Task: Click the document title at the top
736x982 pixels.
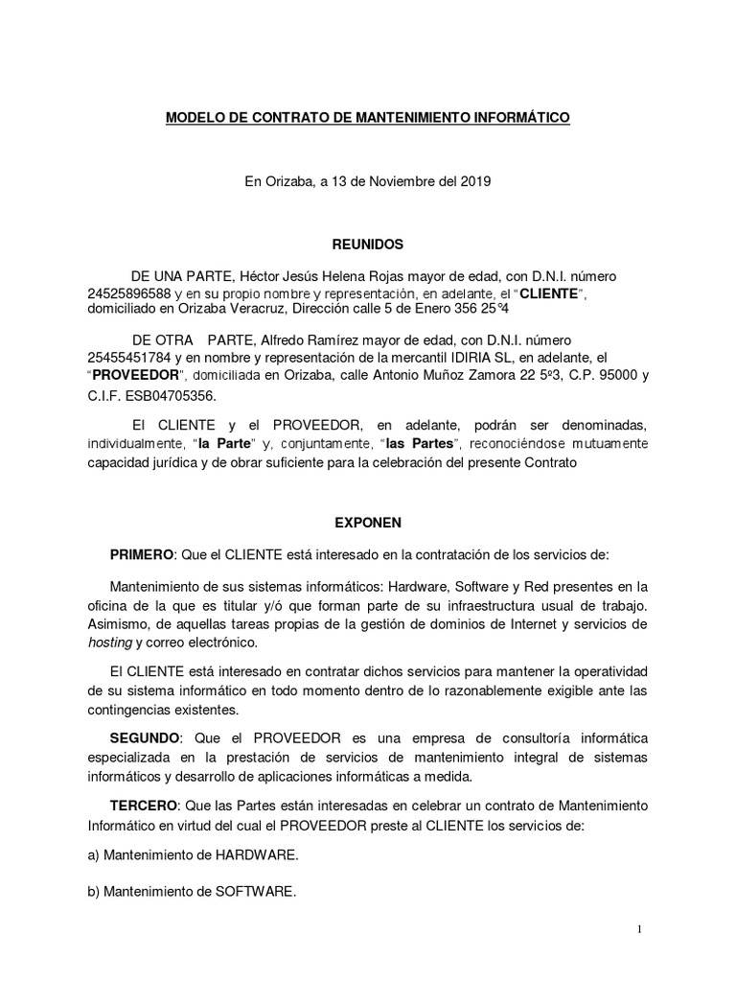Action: pos(368,118)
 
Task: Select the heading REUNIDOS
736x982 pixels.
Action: pos(368,245)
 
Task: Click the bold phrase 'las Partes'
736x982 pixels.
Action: pos(423,444)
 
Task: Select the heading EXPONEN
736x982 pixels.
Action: pos(368,523)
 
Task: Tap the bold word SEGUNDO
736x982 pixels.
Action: pos(145,736)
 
